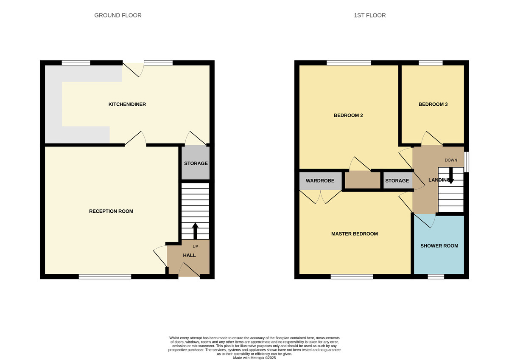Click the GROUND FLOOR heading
tap(117, 15)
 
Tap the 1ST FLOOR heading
tap(369, 15)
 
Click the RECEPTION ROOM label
tap(111, 211)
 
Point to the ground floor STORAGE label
tap(196, 163)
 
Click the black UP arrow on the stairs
tap(195, 231)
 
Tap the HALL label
tap(189, 255)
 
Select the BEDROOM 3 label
tap(433, 104)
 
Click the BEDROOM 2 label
tap(348, 115)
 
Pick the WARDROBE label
tap(320, 181)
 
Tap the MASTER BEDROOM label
tap(354, 234)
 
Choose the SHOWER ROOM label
tap(439, 246)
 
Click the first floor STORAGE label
tap(397, 181)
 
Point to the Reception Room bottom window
tap(105, 277)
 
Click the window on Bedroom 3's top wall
tap(431, 63)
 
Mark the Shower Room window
tap(436, 277)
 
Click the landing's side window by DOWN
tap(466, 162)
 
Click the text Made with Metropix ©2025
tap(255, 358)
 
